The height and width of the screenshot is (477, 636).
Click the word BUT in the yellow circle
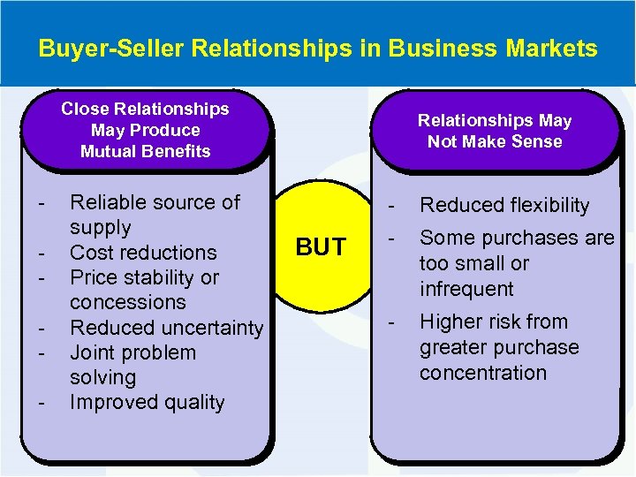321,248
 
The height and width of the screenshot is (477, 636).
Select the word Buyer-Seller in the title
98,48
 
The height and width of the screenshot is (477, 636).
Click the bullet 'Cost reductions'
143,253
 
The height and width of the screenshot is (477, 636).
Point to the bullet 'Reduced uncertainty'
166,328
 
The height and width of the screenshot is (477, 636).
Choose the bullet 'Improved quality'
147,403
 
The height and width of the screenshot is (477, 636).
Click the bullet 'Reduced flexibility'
504,205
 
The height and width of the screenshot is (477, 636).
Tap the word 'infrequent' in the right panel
466,289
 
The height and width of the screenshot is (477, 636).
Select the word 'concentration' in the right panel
483,373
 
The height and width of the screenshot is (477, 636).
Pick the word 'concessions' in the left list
128,302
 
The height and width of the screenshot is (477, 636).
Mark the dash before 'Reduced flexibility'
392,205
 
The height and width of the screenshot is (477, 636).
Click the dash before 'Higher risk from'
392,322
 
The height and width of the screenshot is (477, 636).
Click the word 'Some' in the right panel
445,238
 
